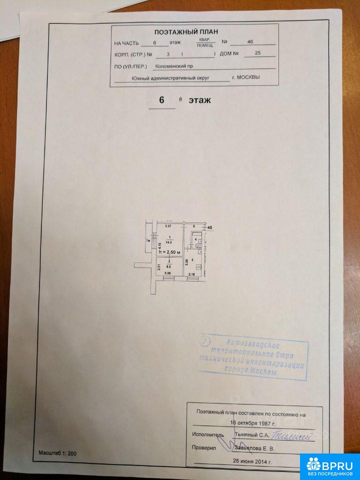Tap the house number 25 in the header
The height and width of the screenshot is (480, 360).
click(257, 53)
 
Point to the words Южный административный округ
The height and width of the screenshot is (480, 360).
click(170, 78)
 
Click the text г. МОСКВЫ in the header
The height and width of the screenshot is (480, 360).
click(245, 77)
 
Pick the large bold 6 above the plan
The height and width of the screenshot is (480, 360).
click(161, 100)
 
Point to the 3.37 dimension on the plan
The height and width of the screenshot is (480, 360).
click(168, 227)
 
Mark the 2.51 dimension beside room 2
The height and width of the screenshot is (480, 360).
click(158, 266)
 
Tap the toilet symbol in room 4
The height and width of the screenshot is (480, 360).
click(198, 244)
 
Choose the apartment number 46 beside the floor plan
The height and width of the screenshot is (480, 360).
click(210, 228)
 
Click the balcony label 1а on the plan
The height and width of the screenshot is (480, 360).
click(148, 241)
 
